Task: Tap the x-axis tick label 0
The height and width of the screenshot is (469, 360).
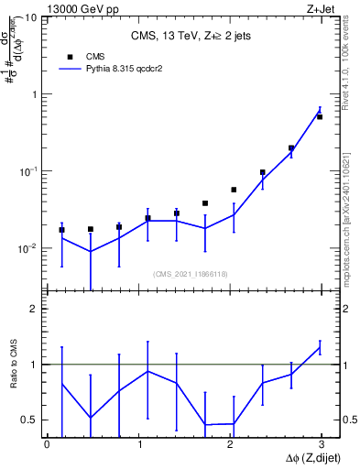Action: (x=47, y=445)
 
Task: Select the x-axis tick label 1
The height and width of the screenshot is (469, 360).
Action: (x=138, y=445)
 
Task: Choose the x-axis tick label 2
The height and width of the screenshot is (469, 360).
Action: (x=230, y=445)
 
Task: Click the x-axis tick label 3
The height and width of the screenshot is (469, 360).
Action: (x=322, y=445)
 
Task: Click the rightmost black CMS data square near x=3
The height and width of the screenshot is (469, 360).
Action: (x=320, y=117)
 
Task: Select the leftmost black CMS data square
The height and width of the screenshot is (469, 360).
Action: (x=61, y=230)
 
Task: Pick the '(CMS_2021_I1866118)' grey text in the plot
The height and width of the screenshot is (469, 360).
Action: (x=190, y=274)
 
